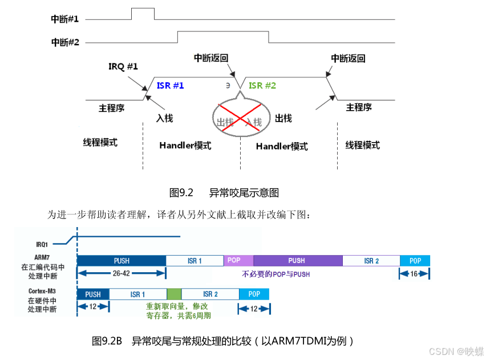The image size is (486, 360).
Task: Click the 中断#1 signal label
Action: pyautogui.click(x=64, y=19)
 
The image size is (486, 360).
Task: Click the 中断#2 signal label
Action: pyautogui.click(x=64, y=42)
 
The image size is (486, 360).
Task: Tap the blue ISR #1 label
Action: pyautogui.click(x=170, y=86)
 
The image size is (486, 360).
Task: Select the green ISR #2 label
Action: pyautogui.click(x=262, y=86)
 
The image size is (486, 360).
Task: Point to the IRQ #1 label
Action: pyautogui.click(x=123, y=67)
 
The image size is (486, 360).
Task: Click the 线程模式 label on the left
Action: pyautogui.click(x=100, y=142)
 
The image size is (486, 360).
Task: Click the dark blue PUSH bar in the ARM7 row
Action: pyautogui.click(x=121, y=261)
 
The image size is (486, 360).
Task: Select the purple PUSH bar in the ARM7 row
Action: pyautogui.click(x=297, y=261)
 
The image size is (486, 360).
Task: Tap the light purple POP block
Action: pyautogui.click(x=234, y=260)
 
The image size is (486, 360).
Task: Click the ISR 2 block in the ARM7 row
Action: pyautogui.click(x=371, y=261)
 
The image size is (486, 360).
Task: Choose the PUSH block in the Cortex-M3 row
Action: pyautogui.click(x=92, y=294)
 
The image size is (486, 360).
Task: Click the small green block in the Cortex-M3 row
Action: pyautogui.click(x=174, y=294)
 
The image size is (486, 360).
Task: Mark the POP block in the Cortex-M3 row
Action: pyautogui.click(x=254, y=294)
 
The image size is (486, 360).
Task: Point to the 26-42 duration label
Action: pyautogui.click(x=121, y=274)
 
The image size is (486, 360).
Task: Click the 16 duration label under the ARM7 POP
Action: pyautogui.click(x=415, y=274)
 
